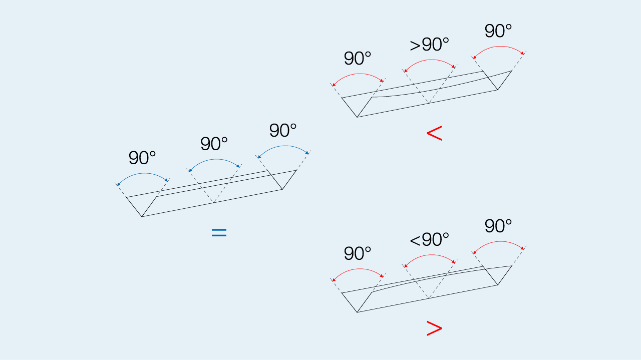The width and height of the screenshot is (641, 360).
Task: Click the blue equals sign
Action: (x=219, y=232)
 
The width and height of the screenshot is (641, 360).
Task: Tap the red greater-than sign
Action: (x=434, y=328)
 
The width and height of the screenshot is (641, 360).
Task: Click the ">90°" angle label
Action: (x=429, y=45)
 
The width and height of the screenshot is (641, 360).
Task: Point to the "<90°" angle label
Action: (x=429, y=240)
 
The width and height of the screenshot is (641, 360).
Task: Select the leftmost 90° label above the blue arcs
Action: (x=142, y=158)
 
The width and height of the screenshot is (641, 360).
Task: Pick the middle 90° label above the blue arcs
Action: (x=214, y=144)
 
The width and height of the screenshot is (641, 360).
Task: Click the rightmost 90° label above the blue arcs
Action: (x=283, y=131)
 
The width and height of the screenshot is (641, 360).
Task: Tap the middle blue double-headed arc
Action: (x=215, y=160)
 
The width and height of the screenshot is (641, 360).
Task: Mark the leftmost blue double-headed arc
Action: (x=143, y=174)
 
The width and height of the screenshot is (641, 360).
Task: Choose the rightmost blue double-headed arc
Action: (x=284, y=146)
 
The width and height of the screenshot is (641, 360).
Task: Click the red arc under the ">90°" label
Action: (x=430, y=61)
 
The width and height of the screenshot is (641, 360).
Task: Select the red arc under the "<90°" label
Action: (x=430, y=255)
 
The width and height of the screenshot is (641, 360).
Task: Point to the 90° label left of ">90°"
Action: (x=358, y=59)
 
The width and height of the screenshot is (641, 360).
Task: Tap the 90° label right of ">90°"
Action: (x=498, y=31)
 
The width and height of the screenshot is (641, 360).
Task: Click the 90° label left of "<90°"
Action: (x=358, y=254)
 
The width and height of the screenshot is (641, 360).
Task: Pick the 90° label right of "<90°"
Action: (x=498, y=226)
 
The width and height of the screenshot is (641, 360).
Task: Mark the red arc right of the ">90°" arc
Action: (x=499, y=47)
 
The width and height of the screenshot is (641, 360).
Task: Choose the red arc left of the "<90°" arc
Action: (x=358, y=269)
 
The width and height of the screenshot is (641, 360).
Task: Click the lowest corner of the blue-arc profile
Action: (x=142, y=216)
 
